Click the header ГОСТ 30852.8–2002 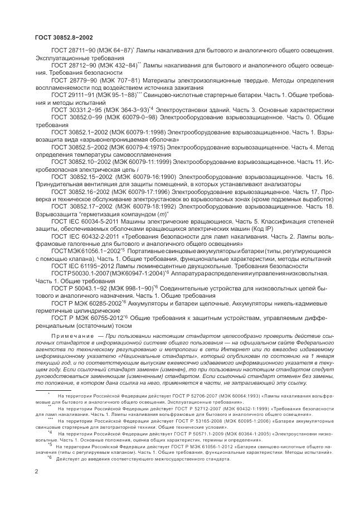pyautogui.click(x=56, y=37)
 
